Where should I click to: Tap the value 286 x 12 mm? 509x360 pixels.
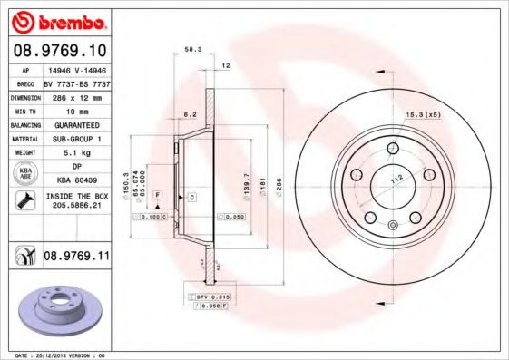pyautogui.click(x=76, y=95)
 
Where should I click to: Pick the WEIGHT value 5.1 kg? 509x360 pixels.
pyautogui.click(x=76, y=152)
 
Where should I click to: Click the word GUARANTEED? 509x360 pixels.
pyautogui.click(x=76, y=124)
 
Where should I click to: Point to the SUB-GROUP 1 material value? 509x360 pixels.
pyautogui.click(x=76, y=139)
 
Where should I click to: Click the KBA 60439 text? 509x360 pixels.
pyautogui.click(x=76, y=181)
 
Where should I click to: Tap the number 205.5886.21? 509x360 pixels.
pyautogui.click(x=76, y=206)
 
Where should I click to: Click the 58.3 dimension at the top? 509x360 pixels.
pyautogui.click(x=192, y=51)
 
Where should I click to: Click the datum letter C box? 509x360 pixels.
pyautogui.click(x=192, y=197)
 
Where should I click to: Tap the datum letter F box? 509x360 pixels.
pyautogui.click(x=158, y=195)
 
